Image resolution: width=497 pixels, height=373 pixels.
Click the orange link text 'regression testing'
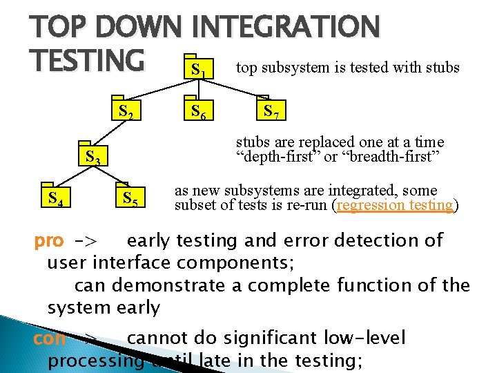point(396,205)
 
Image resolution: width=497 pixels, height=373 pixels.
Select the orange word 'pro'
point(49,241)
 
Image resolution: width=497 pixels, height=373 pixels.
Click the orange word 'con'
point(50,338)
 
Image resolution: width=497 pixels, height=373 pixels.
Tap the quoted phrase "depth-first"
point(277,157)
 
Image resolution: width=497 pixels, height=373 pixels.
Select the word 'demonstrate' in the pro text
point(179,285)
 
